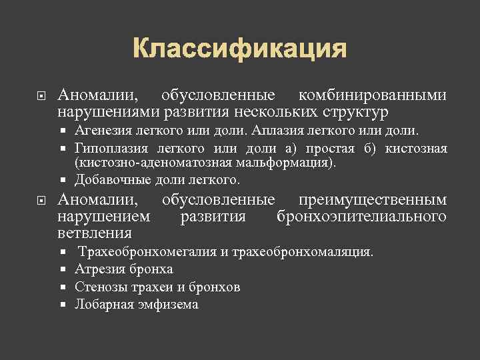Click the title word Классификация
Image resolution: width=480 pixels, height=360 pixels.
(x=239, y=49)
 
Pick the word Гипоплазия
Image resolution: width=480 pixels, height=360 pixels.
(x=111, y=147)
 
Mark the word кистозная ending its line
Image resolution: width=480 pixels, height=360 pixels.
(x=419, y=147)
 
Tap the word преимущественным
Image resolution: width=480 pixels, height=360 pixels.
(x=372, y=200)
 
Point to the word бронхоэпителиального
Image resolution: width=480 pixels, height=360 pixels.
(x=361, y=217)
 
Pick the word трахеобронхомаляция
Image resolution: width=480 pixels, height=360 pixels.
(x=301, y=253)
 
